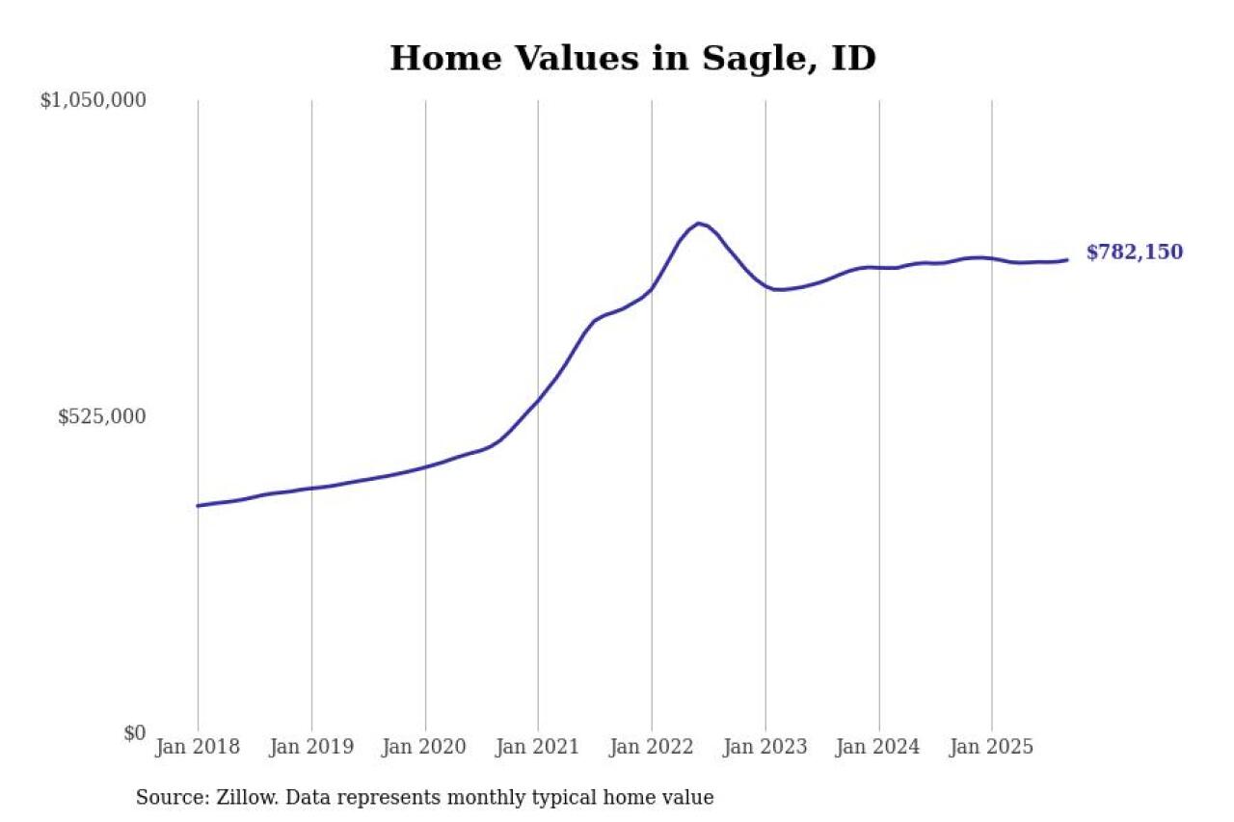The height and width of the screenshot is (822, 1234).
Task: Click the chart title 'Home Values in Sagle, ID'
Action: tap(632, 59)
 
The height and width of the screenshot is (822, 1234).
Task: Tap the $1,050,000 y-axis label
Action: tap(93, 100)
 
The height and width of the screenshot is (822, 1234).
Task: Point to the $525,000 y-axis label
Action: tap(101, 416)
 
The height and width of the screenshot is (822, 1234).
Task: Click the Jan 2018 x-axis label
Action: tap(198, 747)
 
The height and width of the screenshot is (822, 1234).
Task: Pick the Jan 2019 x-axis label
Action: tap(311, 747)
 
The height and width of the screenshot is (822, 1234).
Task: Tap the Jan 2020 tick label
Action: tap(425, 747)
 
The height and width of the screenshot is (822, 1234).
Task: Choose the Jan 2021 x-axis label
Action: tap(538, 747)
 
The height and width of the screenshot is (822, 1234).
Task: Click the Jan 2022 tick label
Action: tap(652, 747)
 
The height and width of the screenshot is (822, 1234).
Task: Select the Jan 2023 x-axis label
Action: tap(765, 747)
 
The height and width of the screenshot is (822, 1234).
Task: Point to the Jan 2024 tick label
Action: tap(878, 747)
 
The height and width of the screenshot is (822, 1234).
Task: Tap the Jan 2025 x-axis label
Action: tap(992, 747)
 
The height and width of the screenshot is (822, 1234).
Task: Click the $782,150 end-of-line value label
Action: tap(1135, 252)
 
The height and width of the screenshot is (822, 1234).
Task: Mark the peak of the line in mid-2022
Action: tap(699, 223)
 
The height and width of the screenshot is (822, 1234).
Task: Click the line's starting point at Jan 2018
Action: tap(198, 505)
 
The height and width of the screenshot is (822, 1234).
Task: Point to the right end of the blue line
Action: tap(1067, 259)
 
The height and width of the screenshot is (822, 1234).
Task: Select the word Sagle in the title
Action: tap(743, 59)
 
